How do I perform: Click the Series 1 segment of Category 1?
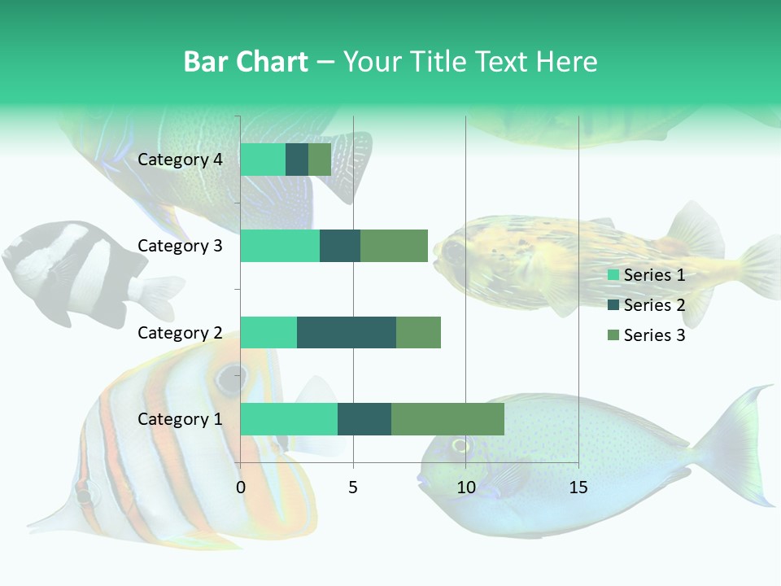pos(289,418)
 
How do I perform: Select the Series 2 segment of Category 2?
pos(347,332)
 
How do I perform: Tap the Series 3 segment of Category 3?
pos(394,246)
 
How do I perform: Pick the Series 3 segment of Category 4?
pos(320,160)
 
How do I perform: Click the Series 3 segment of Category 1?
pos(447,418)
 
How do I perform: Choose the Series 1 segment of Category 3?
pos(280,246)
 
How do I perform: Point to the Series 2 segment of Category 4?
pos(297,160)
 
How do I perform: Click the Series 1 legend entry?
pos(647,275)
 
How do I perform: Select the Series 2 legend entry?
pos(647,305)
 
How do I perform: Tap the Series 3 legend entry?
pos(647,335)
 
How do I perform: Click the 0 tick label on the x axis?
pos(241,488)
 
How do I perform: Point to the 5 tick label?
pos(353,488)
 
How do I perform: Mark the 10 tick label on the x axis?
pos(465,488)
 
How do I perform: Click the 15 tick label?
pos(578,488)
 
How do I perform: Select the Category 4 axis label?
pos(180,160)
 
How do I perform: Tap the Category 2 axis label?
pos(180,332)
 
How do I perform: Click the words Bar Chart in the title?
pos(246,61)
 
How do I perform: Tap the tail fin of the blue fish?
pos(736,439)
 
